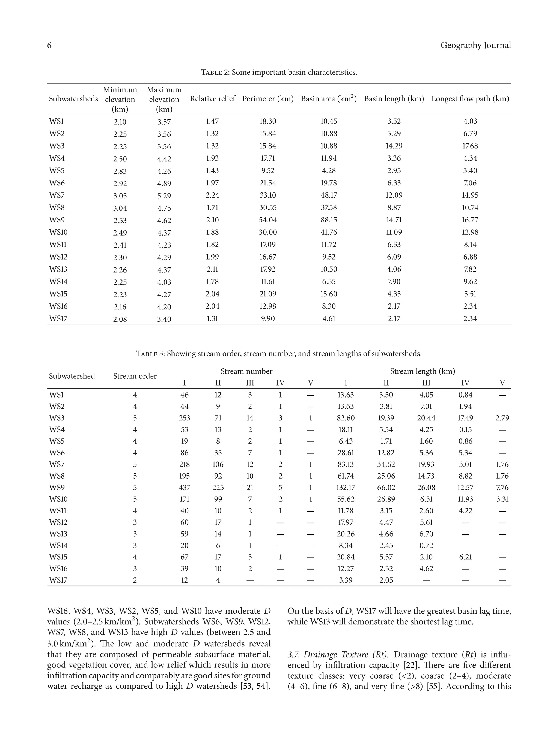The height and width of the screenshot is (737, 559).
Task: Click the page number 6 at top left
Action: pos(49,46)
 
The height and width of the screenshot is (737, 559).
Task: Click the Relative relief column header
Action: pos(212,99)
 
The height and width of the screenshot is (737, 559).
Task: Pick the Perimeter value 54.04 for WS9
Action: pos(268,220)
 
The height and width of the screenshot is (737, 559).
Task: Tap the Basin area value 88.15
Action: pos(329,220)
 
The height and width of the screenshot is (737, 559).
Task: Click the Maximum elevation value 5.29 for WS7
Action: pos(164,196)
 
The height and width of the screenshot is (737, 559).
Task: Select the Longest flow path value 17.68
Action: pos(470,146)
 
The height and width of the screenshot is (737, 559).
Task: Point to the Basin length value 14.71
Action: pos(394,220)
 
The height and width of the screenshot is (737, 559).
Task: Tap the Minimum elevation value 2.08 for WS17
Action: pos(120,319)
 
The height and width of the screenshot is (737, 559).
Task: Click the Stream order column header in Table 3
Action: pos(135,376)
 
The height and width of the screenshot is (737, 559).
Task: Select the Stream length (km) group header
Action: pos(422,371)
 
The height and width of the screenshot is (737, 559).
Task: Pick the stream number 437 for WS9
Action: pos(185,488)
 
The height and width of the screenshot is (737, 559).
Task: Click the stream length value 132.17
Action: pos(346,488)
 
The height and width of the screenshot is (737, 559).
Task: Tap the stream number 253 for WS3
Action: pos(185,418)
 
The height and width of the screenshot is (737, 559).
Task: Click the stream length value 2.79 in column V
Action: pos(502,418)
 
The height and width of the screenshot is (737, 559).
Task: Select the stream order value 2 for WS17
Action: pos(135,580)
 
